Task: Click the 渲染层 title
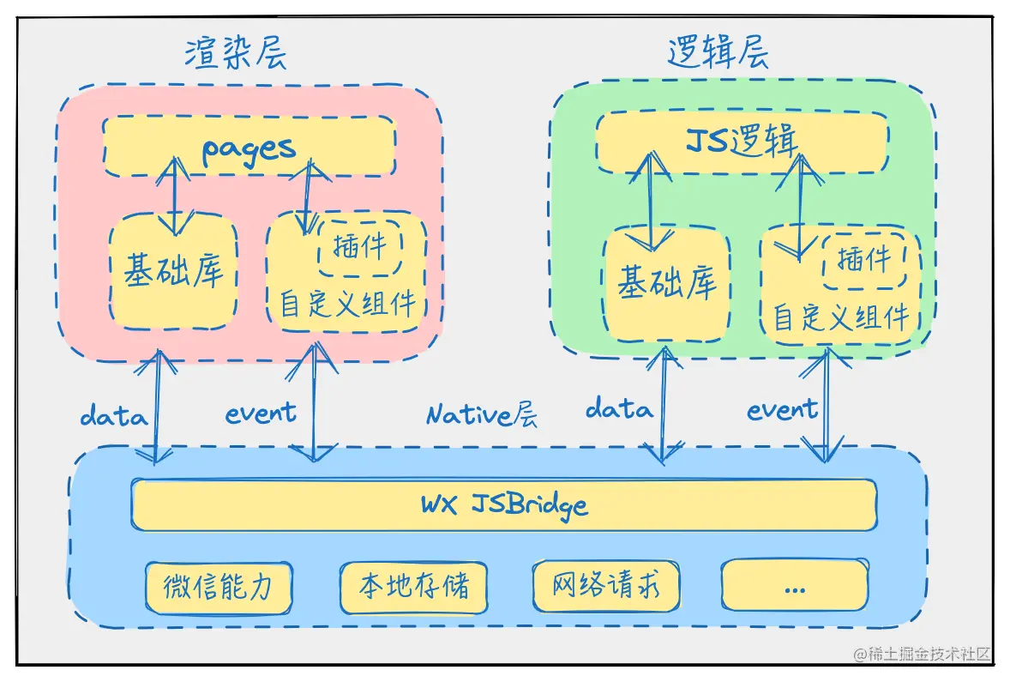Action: tap(235, 53)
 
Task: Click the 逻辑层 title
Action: tap(718, 53)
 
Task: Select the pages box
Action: tap(249, 147)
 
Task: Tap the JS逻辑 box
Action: tap(742, 142)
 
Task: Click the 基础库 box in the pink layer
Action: tap(173, 272)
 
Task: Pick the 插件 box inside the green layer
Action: tap(863, 258)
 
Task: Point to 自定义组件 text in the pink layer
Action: tap(347, 304)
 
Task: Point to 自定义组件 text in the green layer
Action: tap(840, 317)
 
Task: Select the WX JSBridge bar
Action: tap(504, 504)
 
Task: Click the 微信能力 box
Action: tap(218, 587)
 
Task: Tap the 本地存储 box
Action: tap(413, 588)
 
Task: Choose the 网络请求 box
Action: tap(606, 587)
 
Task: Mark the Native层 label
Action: tap(482, 416)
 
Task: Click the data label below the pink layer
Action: tap(113, 417)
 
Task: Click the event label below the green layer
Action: tap(781, 410)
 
